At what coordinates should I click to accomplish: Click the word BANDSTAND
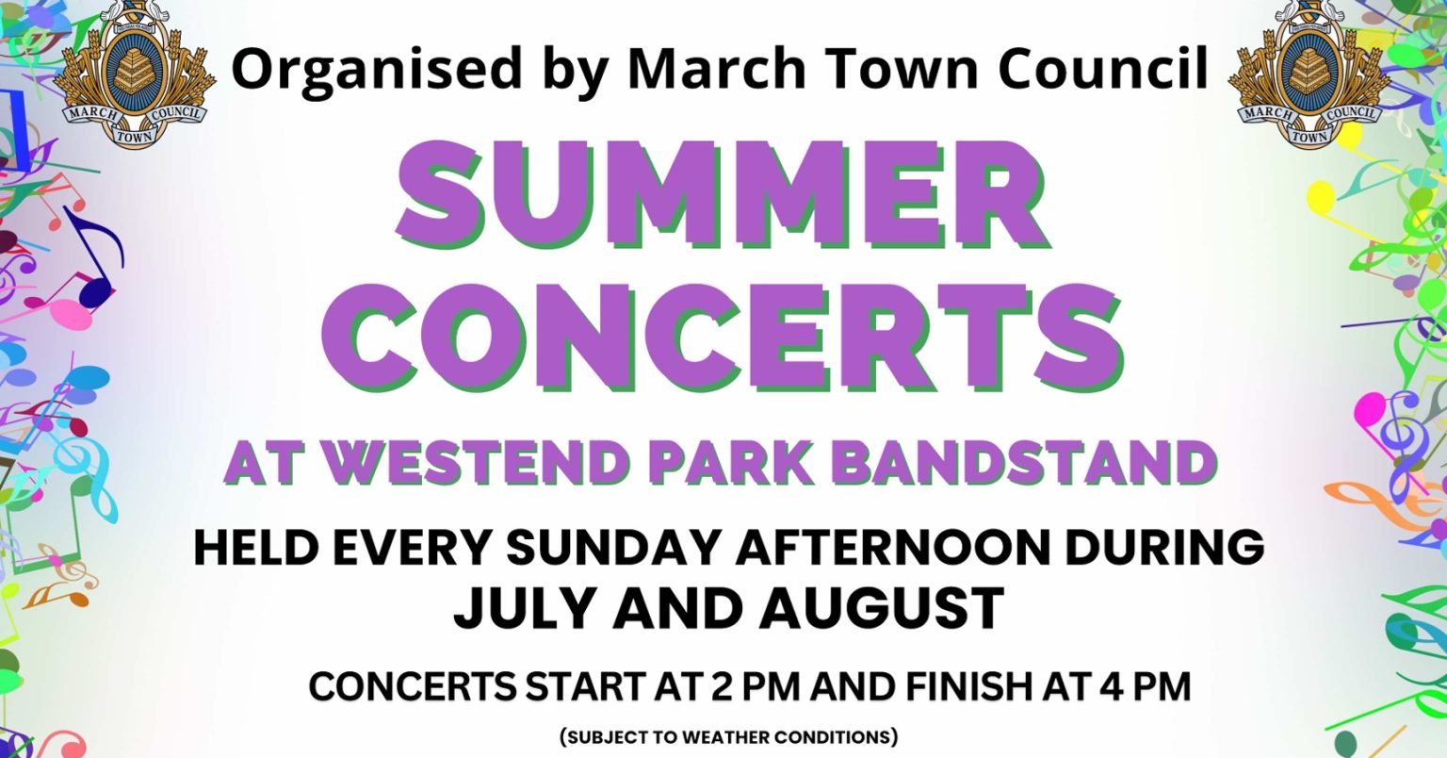coord(1025,463)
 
